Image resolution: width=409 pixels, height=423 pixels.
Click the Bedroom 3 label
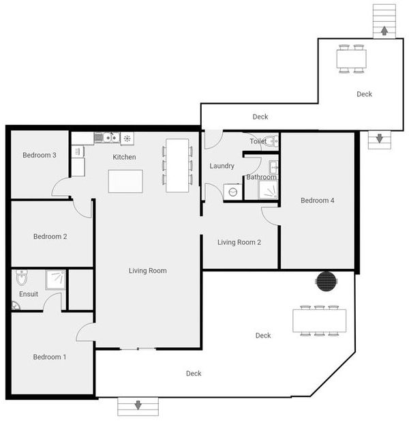[x=40, y=156]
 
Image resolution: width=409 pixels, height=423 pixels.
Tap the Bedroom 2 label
[x=50, y=237]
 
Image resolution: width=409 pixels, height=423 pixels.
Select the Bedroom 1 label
[x=50, y=357]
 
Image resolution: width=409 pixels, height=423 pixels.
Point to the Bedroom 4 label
[x=318, y=201]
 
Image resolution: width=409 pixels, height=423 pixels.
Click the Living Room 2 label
[x=239, y=242]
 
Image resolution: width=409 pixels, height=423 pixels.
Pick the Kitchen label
[x=124, y=158]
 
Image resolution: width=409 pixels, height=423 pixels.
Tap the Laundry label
[x=222, y=166]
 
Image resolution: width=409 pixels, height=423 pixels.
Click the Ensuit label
[x=29, y=295]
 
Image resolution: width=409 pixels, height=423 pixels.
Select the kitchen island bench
[x=125, y=181]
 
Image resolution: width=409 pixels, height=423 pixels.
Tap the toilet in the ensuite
[x=21, y=278]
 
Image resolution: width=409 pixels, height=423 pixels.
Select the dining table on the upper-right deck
[x=351, y=59]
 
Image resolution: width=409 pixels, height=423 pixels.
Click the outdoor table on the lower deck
[x=319, y=321]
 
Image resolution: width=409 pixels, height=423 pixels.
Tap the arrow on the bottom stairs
[x=138, y=405]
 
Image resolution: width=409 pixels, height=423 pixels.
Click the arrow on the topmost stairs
[x=384, y=30]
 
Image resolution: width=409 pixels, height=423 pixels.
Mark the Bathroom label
[x=261, y=177]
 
